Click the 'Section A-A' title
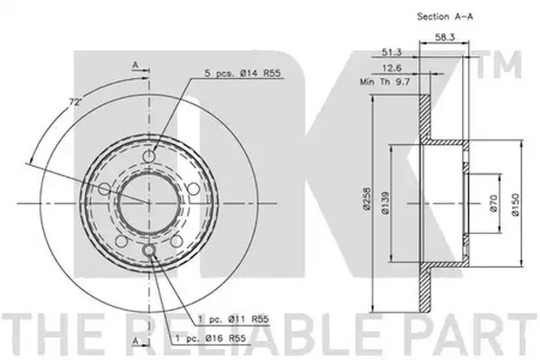click(445, 16)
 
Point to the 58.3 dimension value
click(444, 37)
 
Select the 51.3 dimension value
click(392, 52)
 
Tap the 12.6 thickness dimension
click(392, 68)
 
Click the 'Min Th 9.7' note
click(384, 82)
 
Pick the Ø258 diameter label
click(367, 199)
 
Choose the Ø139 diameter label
click(385, 203)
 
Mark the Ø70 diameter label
click(493, 203)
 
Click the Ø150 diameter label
click(516, 205)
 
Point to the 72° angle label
click(73, 102)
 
